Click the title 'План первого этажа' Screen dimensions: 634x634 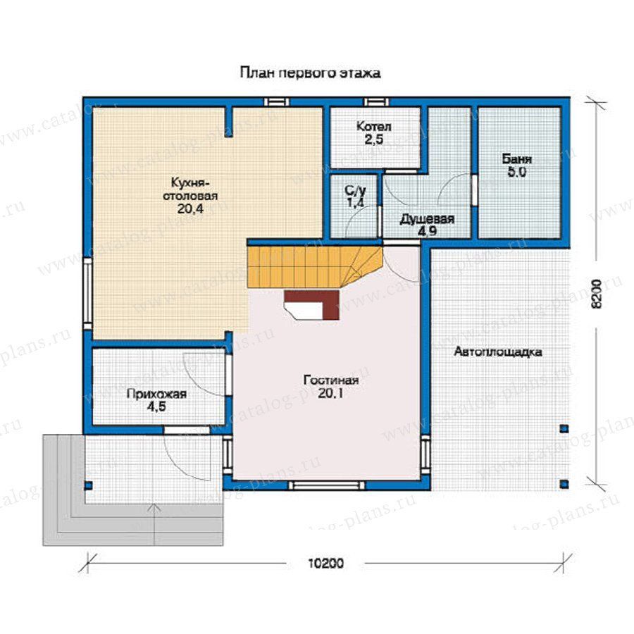310,73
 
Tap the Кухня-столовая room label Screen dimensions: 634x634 190,189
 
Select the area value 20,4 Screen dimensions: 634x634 189,209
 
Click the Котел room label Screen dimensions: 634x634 373,127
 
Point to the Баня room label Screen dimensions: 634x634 517,159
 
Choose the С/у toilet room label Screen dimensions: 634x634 356,189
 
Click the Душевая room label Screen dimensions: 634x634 427,220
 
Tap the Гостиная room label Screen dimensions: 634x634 331,380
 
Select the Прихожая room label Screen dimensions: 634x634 156,394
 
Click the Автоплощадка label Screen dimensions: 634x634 498,352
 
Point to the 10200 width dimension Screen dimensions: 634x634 326,563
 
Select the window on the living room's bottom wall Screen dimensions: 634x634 327,485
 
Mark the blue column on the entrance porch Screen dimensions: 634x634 89,485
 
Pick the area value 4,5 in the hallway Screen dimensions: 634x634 156,406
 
